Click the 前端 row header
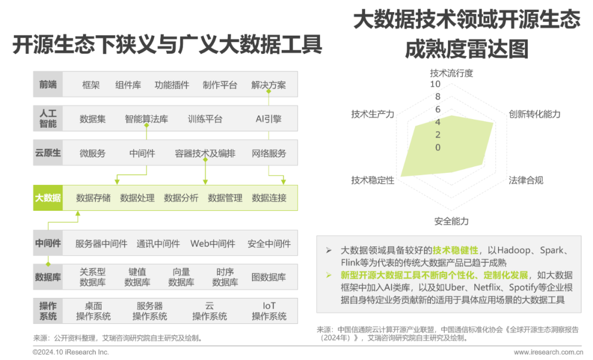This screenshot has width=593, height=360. [x=48, y=85]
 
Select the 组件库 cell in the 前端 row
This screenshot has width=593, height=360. [x=128, y=85]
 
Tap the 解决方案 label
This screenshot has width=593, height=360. [x=268, y=85]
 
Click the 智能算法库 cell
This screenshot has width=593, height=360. [x=146, y=119]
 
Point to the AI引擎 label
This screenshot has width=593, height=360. [x=268, y=119]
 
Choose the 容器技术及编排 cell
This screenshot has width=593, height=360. [x=205, y=153]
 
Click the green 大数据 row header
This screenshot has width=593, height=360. [x=48, y=198]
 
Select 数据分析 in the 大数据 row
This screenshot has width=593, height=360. [x=181, y=198]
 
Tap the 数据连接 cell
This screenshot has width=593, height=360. [x=269, y=198]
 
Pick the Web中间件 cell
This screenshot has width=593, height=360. [x=212, y=244]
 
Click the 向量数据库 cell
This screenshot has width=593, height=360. [x=181, y=277]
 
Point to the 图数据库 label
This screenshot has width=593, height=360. [x=268, y=277]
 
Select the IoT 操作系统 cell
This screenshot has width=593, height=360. [x=269, y=311]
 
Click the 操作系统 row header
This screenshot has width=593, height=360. [x=48, y=311]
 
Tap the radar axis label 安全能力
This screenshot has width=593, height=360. [x=451, y=221]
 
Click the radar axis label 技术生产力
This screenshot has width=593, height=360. [x=373, y=114]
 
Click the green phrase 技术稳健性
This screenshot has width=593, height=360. [x=455, y=250]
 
